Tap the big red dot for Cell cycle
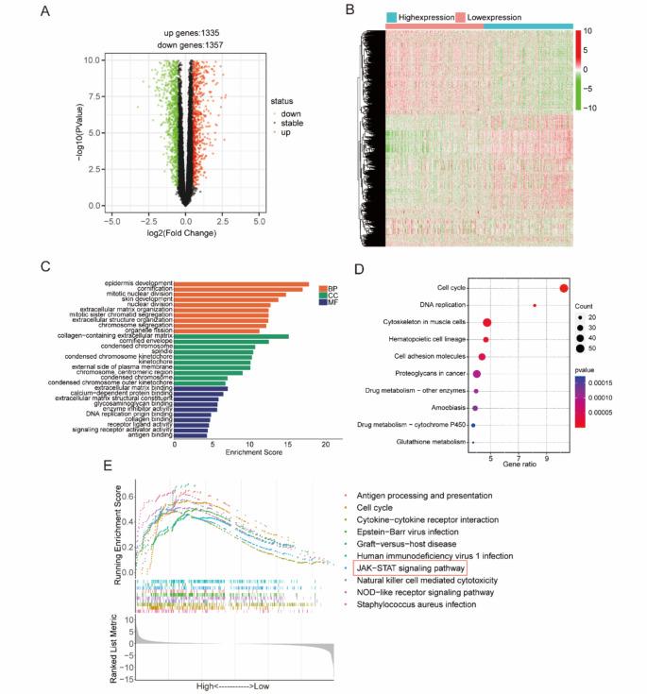(564, 288)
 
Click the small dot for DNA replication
(535, 305)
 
